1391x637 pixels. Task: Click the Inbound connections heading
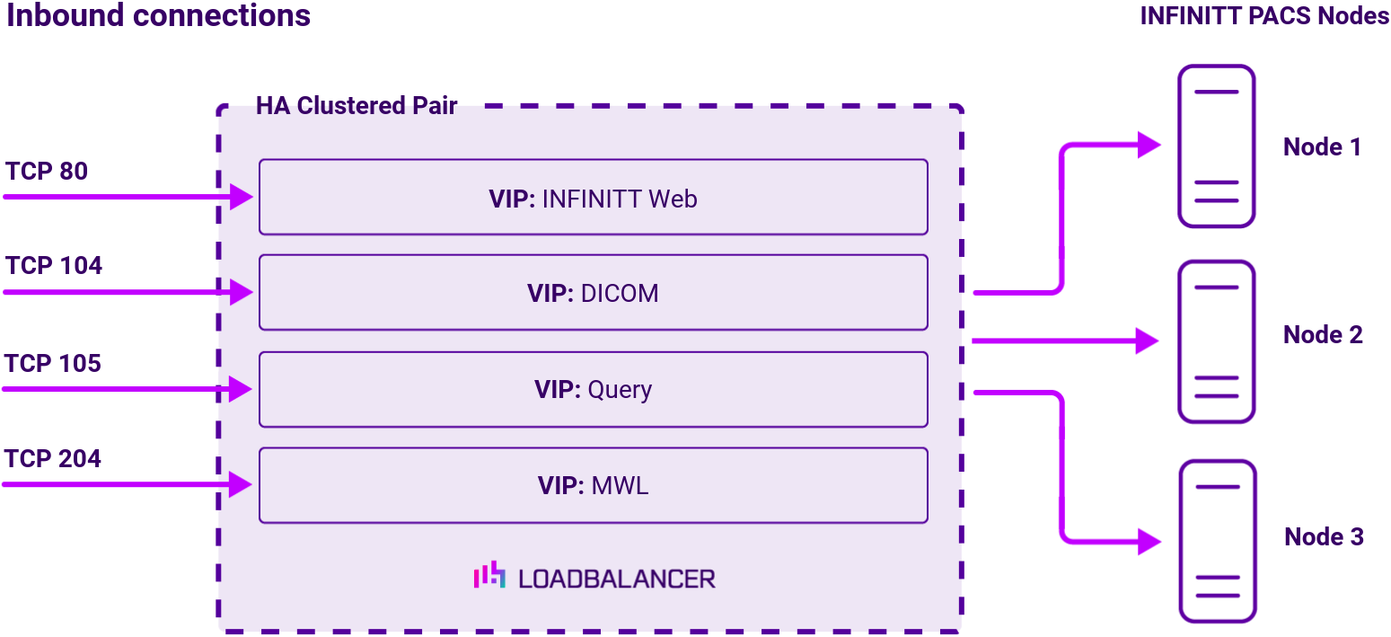coord(159,16)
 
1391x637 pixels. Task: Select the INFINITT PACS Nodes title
coord(1264,16)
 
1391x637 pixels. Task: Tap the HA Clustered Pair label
coord(357,106)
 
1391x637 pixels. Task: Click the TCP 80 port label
coord(47,171)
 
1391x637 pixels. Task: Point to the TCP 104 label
coord(54,266)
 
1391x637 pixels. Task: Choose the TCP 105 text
coord(53,363)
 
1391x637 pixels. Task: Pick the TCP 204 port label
coord(53,458)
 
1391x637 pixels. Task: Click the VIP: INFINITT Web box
coord(593,198)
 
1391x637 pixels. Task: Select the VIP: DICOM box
coord(593,293)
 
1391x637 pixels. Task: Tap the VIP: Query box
coord(593,390)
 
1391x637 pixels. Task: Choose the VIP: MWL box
coord(593,486)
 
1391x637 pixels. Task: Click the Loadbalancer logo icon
coord(489,576)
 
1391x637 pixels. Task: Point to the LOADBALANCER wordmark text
coord(617,579)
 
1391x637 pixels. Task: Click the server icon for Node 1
coord(1216,146)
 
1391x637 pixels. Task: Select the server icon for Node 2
coord(1216,341)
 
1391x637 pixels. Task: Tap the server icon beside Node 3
coord(1216,541)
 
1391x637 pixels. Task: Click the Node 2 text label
coord(1323,335)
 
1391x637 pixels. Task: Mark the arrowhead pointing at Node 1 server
coord(1149,145)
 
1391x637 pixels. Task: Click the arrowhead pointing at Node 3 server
coord(1149,541)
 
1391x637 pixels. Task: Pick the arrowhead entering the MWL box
coord(241,484)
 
